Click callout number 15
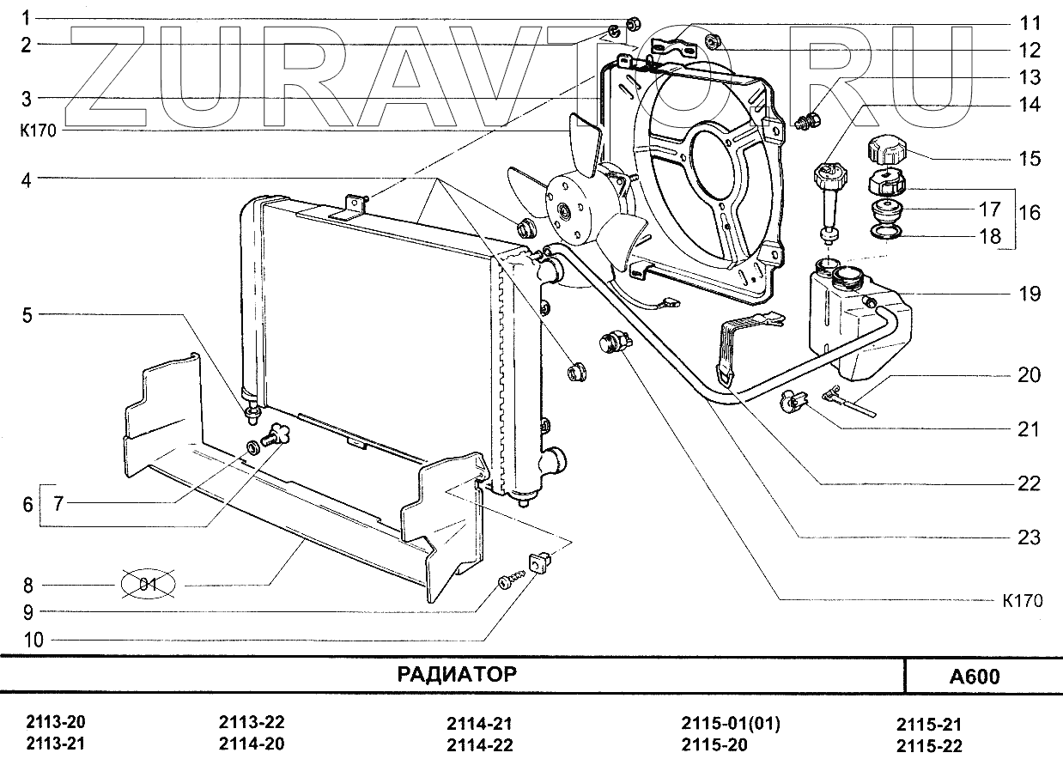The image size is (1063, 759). pyautogui.click(x=1030, y=159)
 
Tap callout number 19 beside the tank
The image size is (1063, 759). pyautogui.click(x=1030, y=294)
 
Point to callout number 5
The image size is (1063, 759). pyautogui.click(x=27, y=315)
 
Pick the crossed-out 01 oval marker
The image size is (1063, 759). pyautogui.click(x=149, y=586)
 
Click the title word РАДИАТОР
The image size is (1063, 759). pyautogui.click(x=457, y=674)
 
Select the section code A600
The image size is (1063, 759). pyautogui.click(x=975, y=677)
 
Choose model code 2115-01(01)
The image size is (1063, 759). pyautogui.click(x=731, y=724)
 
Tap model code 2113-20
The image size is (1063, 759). pyautogui.click(x=56, y=722)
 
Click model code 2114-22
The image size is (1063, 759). pyautogui.click(x=479, y=744)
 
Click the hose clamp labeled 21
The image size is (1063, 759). pyautogui.click(x=793, y=400)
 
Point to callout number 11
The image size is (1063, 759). pyautogui.click(x=1030, y=23)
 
